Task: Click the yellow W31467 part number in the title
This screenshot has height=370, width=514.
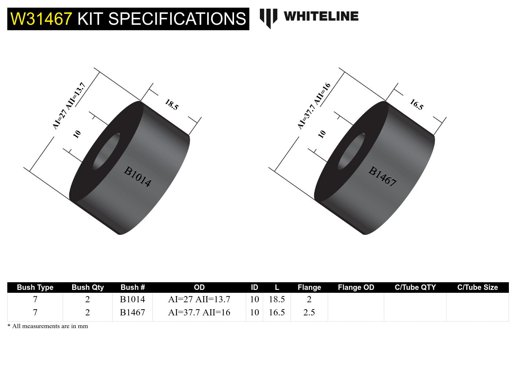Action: click(x=41, y=19)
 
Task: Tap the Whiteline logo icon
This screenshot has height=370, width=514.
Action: click(x=268, y=17)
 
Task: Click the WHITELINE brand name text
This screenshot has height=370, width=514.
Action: click(x=321, y=16)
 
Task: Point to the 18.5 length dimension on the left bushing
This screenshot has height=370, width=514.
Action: click(x=171, y=105)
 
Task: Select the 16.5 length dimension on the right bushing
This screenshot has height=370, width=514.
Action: click(x=416, y=105)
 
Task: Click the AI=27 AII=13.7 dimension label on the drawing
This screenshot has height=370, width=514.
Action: click(x=69, y=106)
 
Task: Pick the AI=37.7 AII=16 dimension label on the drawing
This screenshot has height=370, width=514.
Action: click(x=314, y=106)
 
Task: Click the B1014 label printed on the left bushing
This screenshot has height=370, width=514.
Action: click(x=137, y=177)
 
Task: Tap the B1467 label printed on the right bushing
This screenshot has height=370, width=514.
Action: click(x=382, y=177)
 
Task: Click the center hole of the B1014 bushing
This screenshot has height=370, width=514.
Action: click(x=106, y=151)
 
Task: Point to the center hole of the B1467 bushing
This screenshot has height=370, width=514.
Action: click(x=351, y=151)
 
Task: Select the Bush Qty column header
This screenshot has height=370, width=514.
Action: click(x=87, y=287)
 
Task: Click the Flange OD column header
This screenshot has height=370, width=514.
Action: click(x=356, y=287)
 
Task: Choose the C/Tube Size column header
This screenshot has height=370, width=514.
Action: click(x=477, y=287)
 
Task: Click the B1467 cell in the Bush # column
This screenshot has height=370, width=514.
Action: click(x=132, y=312)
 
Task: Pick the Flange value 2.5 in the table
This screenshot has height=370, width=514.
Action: click(x=309, y=312)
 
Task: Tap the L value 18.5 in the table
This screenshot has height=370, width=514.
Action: click(x=277, y=299)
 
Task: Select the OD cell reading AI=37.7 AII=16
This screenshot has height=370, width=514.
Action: click(x=199, y=312)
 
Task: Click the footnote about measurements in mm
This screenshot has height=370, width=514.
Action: click(x=48, y=326)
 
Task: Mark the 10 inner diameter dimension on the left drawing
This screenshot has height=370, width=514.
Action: click(x=77, y=134)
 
